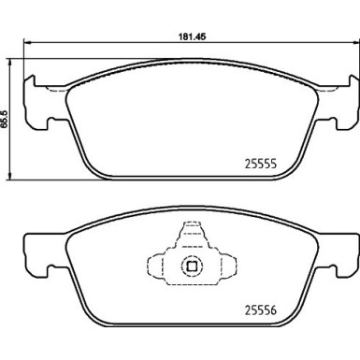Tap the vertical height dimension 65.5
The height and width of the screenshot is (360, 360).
[5, 121]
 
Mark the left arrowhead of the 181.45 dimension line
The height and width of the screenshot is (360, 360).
[27, 45]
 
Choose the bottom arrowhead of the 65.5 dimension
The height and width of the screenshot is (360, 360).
[10, 176]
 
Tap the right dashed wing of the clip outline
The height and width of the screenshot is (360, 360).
[227, 265]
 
